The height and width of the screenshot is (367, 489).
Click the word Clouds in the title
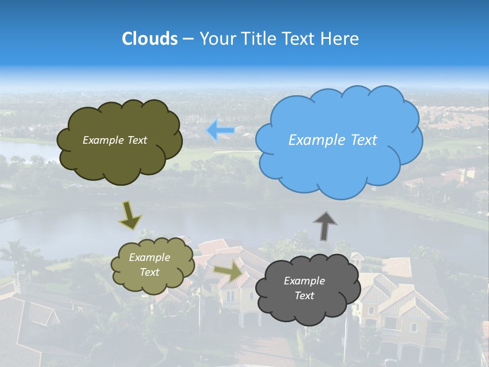150,39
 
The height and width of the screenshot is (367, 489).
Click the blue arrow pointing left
221,130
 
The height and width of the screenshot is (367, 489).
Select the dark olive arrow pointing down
130,215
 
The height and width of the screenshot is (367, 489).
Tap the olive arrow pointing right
228,272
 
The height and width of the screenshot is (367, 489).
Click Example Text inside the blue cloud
333,140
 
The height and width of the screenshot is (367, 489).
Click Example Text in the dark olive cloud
115,140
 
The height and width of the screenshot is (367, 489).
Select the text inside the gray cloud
304,288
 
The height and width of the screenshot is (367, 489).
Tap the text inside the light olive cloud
149,265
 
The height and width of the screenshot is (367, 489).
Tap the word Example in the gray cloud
304,281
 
